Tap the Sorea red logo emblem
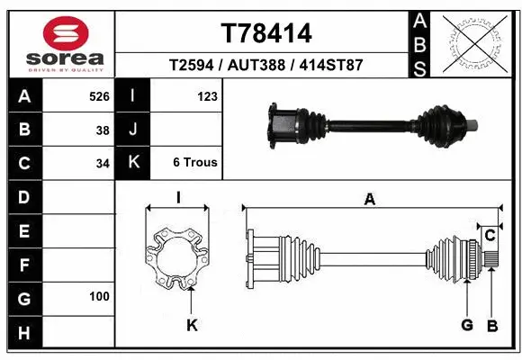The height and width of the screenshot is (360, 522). [66, 34]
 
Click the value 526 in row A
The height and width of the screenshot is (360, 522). [98, 96]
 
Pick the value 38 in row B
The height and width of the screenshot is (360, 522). [102, 130]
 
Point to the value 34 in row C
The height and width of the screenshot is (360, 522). [102, 164]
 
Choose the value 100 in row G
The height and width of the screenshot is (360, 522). [99, 296]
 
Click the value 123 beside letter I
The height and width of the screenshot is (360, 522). [206, 96]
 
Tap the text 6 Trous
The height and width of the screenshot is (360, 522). [194, 163]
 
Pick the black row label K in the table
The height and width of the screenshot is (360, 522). [133, 163]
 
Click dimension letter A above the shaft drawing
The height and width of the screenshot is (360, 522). [369, 200]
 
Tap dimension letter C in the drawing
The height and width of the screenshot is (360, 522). [490, 236]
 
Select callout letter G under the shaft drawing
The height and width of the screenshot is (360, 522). [466, 325]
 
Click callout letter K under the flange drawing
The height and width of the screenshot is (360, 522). [191, 325]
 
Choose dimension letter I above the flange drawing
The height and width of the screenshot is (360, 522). [178, 198]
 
